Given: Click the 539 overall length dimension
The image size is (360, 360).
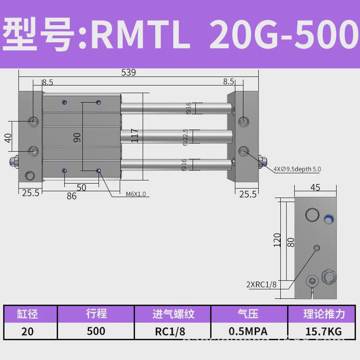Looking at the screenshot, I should pos(128,72).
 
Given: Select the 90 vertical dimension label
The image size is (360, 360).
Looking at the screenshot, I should pos(77,137).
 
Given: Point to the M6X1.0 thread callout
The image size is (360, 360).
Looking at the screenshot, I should pos(135,194).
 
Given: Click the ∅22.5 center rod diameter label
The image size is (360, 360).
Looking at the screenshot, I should pos(185,137).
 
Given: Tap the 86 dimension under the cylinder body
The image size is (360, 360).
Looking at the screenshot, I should pos(71,196).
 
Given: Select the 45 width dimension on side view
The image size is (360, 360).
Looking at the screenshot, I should pos(315,188).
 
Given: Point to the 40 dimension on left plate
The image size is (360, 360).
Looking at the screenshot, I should pos(8,137).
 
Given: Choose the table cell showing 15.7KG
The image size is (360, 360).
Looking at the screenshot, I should pos(323,331).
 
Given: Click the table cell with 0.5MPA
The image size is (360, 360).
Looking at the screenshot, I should pos(248,331).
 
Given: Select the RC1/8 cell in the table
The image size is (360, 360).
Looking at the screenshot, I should pos(173,331).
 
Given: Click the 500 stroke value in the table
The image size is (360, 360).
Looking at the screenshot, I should pos(96,331).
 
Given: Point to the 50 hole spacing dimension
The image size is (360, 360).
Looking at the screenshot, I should pos(81,187).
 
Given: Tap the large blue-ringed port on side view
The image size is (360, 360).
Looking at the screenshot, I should pos(329,218).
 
